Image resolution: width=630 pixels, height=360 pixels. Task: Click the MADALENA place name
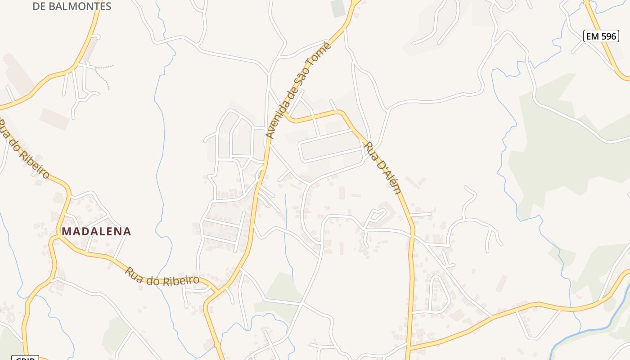[x=96, y=231]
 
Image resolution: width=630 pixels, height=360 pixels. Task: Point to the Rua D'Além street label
[x=382, y=167]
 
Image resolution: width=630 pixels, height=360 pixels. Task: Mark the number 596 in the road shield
[x=608, y=36]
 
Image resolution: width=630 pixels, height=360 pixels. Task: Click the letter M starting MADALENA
[x=66, y=231]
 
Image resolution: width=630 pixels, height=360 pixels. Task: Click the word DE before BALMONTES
[x=40, y=6]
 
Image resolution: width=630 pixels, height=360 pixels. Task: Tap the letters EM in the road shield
[x=593, y=36]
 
